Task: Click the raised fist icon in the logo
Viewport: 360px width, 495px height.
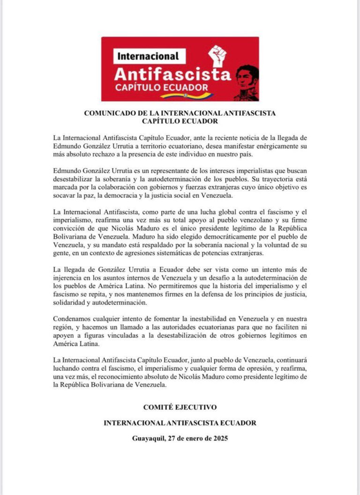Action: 217,56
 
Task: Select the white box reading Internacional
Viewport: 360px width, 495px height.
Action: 149,57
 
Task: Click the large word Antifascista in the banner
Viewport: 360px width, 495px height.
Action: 172,74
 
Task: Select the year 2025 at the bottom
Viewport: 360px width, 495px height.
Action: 218,439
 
